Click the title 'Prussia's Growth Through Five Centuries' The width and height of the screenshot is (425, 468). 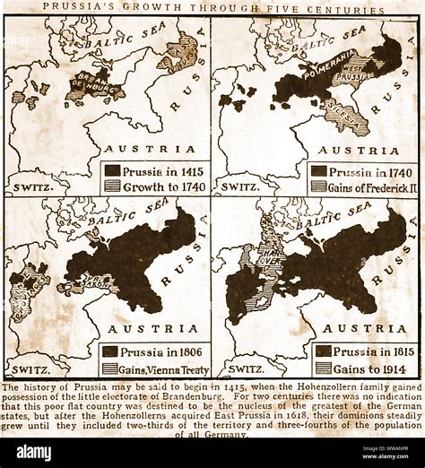(x=212, y=10)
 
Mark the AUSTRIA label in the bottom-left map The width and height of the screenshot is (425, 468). (x=143, y=329)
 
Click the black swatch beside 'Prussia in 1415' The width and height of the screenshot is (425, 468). (x=113, y=169)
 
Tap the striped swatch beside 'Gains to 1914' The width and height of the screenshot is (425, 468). (x=322, y=368)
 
